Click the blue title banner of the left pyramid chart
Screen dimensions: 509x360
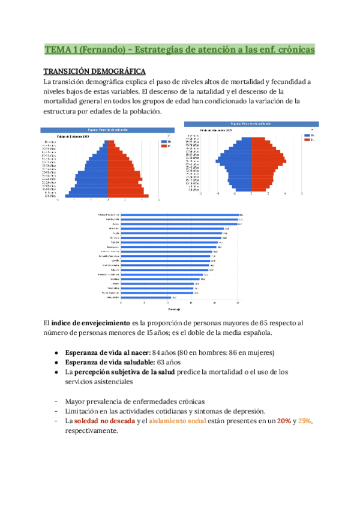pyautogui.click(x=106, y=130)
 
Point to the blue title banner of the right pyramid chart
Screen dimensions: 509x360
pyautogui.click(x=251, y=124)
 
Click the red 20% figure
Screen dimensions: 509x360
pyautogui.click(x=285, y=421)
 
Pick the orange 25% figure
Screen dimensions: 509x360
pyautogui.click(x=305, y=421)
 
